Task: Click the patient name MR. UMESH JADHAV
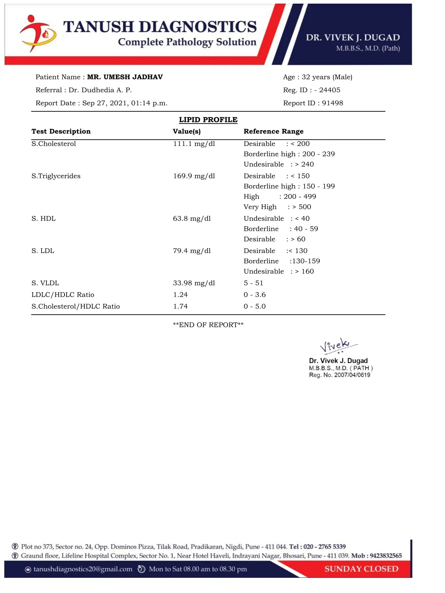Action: tap(125, 77)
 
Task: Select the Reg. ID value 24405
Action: tap(330, 90)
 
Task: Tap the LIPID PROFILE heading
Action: tap(208, 120)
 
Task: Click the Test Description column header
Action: tap(61, 131)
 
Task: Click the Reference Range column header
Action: tap(273, 131)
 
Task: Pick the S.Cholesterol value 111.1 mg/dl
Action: tap(194, 144)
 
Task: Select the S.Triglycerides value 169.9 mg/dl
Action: tap(194, 176)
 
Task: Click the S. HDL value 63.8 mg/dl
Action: tap(192, 218)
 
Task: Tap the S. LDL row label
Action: tap(43, 251)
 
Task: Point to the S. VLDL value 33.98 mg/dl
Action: tap(194, 283)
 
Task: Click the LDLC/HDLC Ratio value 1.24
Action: tap(180, 295)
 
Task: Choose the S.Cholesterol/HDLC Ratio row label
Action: tap(75, 306)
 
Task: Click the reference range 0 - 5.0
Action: tap(254, 306)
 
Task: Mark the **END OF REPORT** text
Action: tap(208, 325)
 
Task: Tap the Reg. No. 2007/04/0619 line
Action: tap(340, 375)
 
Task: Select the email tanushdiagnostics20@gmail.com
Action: tap(83, 569)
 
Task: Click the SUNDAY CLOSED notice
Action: tap(361, 569)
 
